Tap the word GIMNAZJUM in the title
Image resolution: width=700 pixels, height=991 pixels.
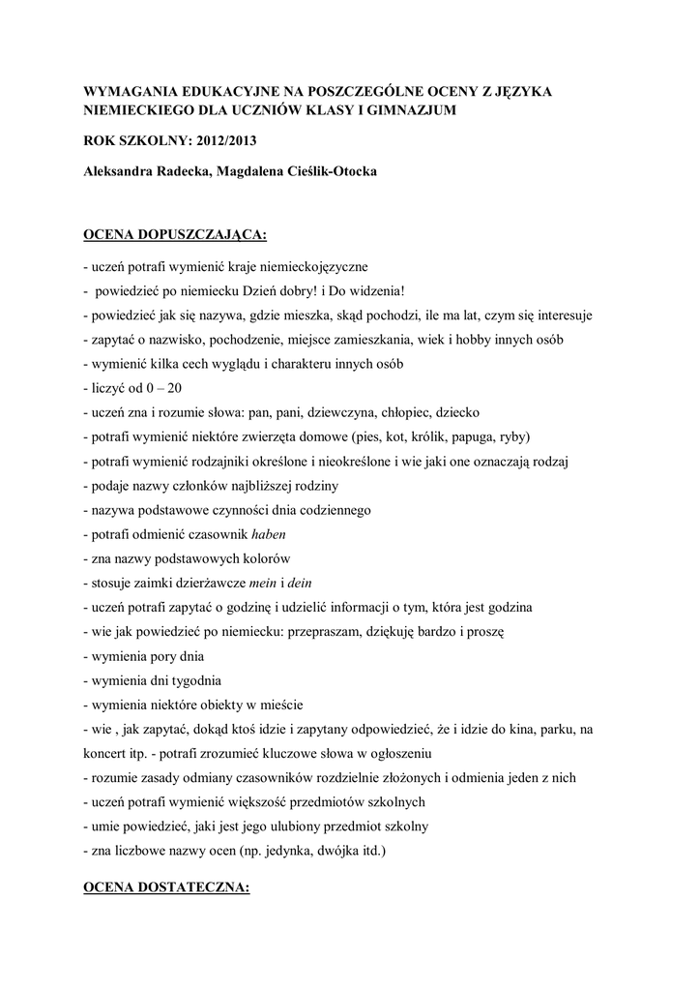tap(405, 111)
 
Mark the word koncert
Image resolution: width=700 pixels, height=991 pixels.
tap(106, 752)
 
